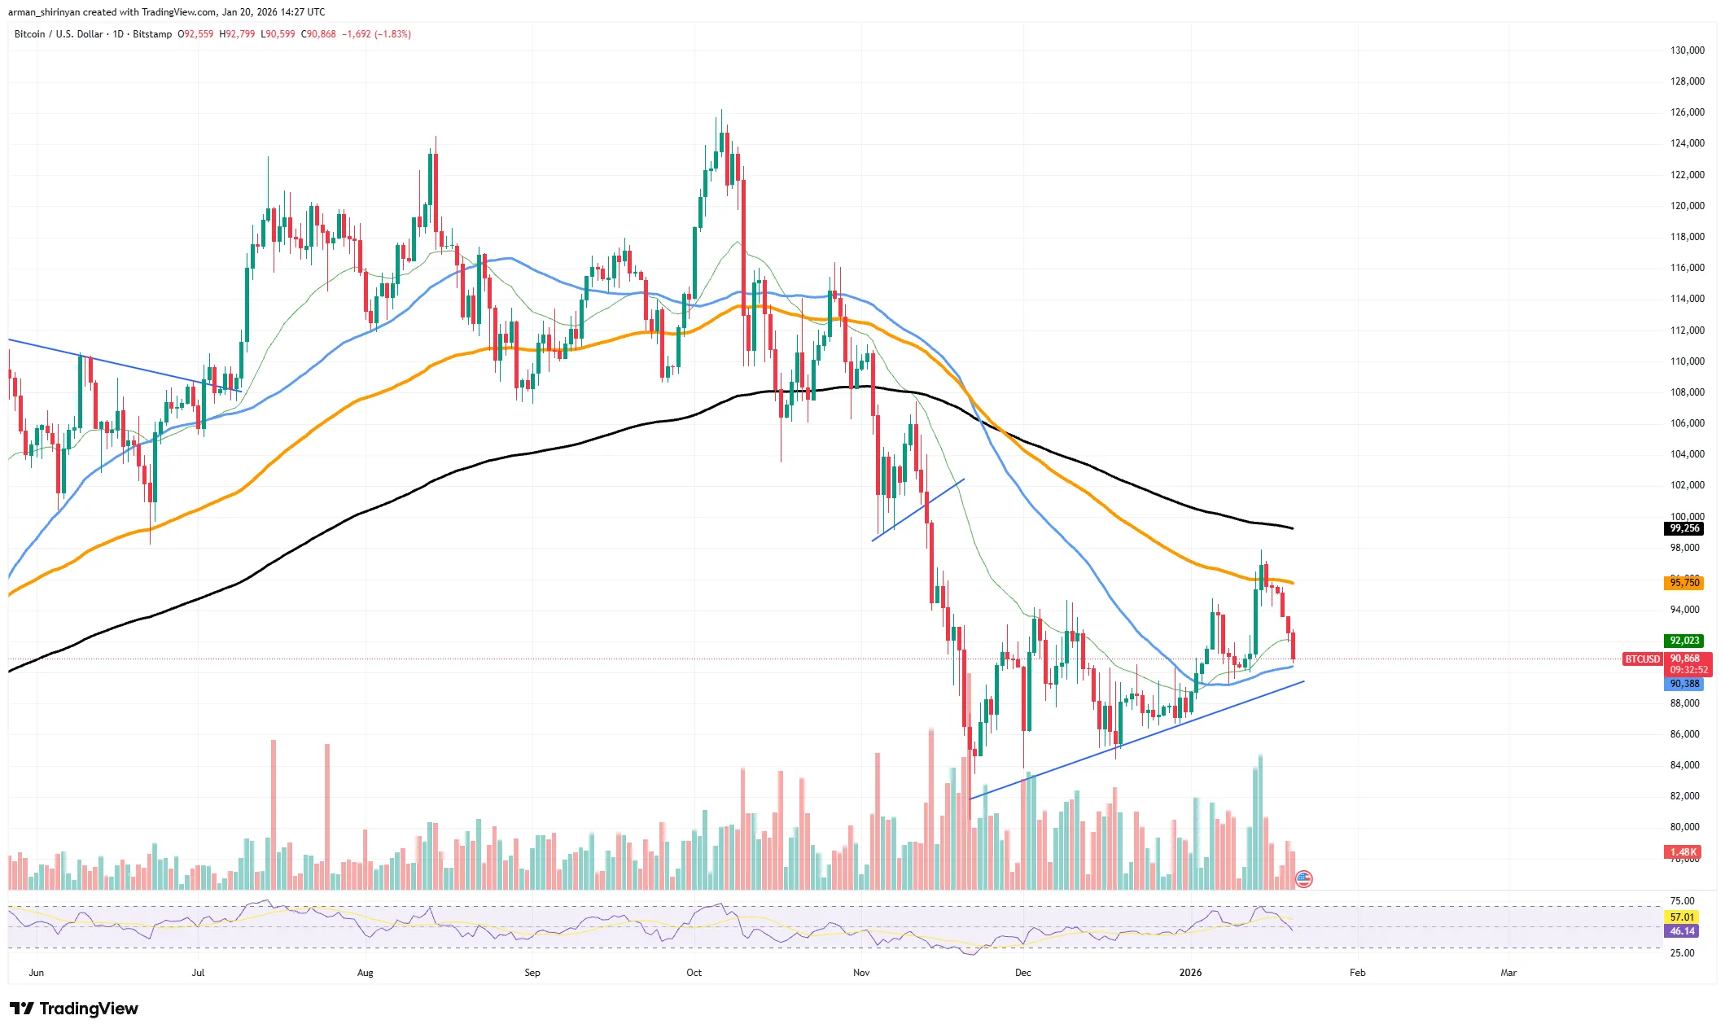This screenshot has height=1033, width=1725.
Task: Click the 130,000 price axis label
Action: click(1687, 50)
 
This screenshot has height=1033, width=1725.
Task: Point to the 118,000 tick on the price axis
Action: click(1687, 237)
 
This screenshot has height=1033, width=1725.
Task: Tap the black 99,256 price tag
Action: click(1684, 528)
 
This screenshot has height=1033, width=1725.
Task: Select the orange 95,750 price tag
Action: click(1684, 583)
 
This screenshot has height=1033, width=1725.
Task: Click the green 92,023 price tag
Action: click(1684, 641)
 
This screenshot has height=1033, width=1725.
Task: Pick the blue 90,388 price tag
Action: click(1684, 684)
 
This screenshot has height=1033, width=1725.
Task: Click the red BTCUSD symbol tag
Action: click(1642, 659)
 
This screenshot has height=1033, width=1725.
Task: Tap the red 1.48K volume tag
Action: click(1683, 852)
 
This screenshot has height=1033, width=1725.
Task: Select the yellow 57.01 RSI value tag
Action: click(1682, 917)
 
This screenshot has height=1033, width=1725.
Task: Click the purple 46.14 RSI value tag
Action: click(1682, 931)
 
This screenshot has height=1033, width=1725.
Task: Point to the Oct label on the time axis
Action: click(694, 973)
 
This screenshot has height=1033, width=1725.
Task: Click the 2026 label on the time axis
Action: click(1190, 973)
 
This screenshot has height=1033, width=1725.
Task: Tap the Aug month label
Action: click(365, 973)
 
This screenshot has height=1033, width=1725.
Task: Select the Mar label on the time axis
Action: click(1508, 973)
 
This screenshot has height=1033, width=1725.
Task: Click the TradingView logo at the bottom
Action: click(74, 1009)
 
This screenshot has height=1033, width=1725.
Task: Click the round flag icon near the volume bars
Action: click(1303, 879)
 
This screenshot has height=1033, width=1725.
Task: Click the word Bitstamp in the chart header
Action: click(152, 34)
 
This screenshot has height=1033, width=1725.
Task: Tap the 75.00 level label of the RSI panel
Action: click(1682, 901)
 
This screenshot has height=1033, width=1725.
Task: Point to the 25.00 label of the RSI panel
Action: click(1682, 953)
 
